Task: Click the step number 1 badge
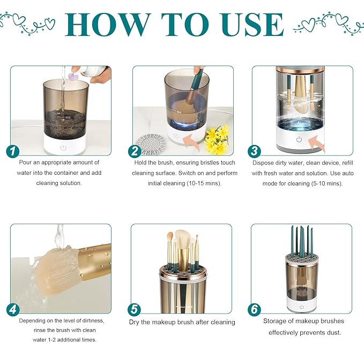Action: (12, 151)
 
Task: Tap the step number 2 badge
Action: (135, 151)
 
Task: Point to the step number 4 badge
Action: (12, 309)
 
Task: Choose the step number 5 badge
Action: (134, 309)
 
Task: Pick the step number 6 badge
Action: (255, 309)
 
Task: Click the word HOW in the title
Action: (103, 24)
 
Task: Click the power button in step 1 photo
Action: (63, 147)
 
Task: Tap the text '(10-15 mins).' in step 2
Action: (204, 183)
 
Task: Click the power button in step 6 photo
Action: (302, 308)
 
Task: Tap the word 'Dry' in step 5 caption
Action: (135, 322)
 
